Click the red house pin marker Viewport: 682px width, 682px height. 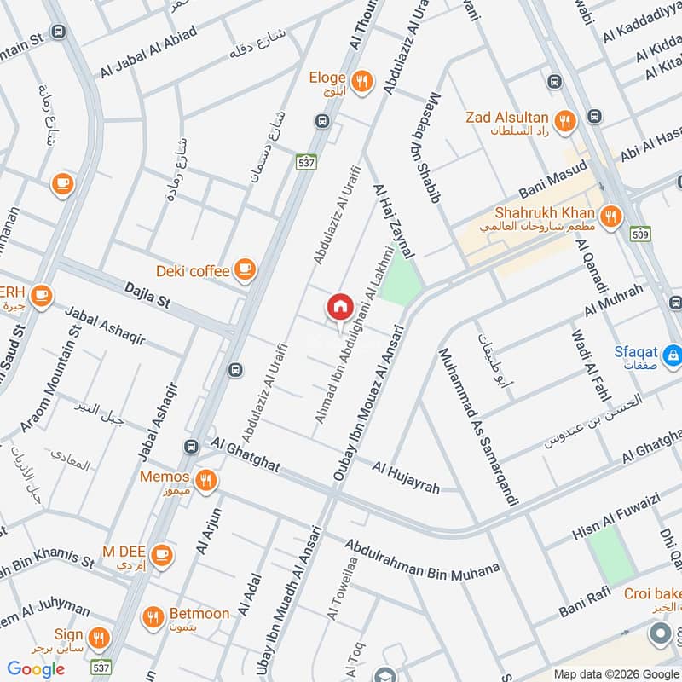(x=339, y=308)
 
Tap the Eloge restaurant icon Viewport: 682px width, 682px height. (x=363, y=82)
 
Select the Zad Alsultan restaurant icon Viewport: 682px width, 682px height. (x=564, y=123)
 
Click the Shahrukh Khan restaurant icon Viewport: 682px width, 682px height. (x=610, y=217)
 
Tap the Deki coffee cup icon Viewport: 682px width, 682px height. (x=245, y=269)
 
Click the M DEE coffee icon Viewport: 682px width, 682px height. (x=165, y=555)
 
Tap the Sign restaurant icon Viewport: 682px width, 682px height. (x=99, y=639)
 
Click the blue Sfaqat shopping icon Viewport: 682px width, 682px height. (x=673, y=353)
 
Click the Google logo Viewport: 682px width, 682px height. (x=37, y=668)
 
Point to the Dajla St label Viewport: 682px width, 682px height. (x=147, y=297)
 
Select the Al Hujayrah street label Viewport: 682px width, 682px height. (x=406, y=477)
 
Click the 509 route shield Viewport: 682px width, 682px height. (x=642, y=234)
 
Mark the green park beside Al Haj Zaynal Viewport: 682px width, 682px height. (x=401, y=280)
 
